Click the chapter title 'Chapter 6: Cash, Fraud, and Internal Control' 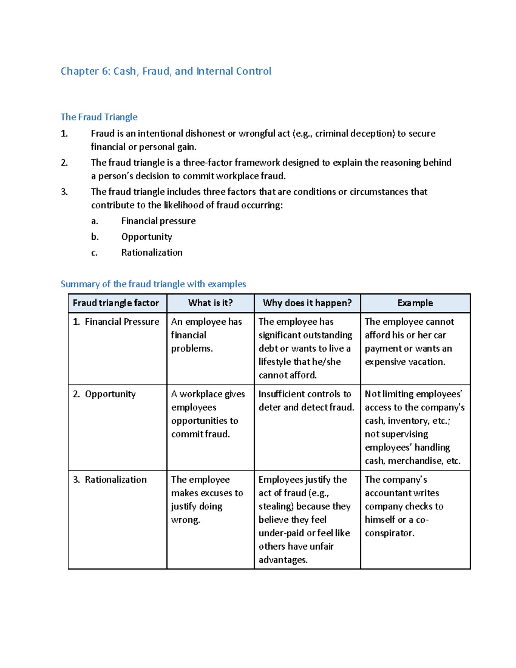coord(166,71)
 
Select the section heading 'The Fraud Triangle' coord(99,117)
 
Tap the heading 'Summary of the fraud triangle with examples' coord(153,284)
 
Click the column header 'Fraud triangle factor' coord(116,303)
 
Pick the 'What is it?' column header coord(210,303)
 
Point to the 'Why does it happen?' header coord(307,303)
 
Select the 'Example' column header coord(415,303)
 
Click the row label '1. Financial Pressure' coord(116,322)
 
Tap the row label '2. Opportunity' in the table coord(104,394)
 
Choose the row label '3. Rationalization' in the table coord(110,480)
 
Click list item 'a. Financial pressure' coord(158,221)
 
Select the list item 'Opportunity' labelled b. coord(147,237)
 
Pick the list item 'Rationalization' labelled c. coord(152,252)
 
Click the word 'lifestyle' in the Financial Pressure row coord(274,362)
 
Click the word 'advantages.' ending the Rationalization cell coord(283,560)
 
